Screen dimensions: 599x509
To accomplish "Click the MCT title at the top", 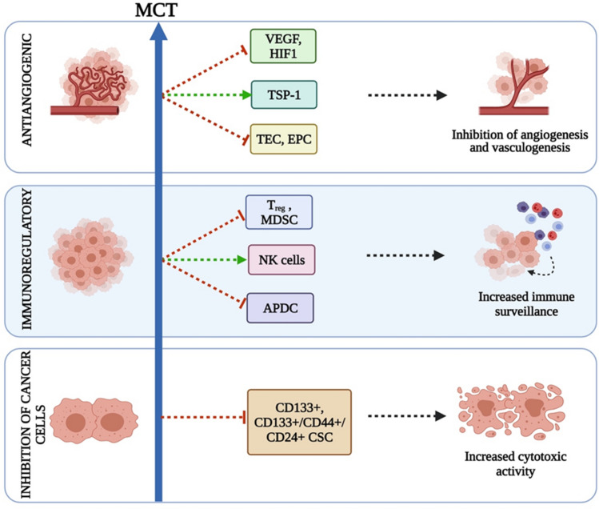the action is click(156, 10).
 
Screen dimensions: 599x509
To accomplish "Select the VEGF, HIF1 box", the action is click(283, 46).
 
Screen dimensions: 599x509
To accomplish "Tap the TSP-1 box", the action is click(284, 95).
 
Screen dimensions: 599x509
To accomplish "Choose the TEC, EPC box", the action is click(283, 139).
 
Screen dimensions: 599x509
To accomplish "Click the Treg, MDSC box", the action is click(279, 212).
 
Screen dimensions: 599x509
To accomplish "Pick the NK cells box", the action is click(282, 260).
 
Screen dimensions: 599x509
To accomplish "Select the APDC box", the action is click(281, 308).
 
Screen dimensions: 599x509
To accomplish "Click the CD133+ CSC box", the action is click(299, 423).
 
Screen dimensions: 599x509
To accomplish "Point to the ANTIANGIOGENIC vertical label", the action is click(26, 90).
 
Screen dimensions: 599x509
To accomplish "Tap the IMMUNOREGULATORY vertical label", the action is click(26, 259).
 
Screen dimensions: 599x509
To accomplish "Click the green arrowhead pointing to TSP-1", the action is click(246, 95).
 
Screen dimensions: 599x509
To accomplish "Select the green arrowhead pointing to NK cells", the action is click(242, 260).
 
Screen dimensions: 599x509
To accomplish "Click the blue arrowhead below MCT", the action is click(158, 31).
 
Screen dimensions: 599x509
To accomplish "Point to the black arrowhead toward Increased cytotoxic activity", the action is click(441, 416).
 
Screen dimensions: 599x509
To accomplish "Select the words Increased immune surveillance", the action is click(526, 304).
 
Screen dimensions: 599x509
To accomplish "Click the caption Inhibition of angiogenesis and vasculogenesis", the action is click(520, 141).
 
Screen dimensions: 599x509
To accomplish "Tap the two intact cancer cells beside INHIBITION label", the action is click(94, 421).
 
